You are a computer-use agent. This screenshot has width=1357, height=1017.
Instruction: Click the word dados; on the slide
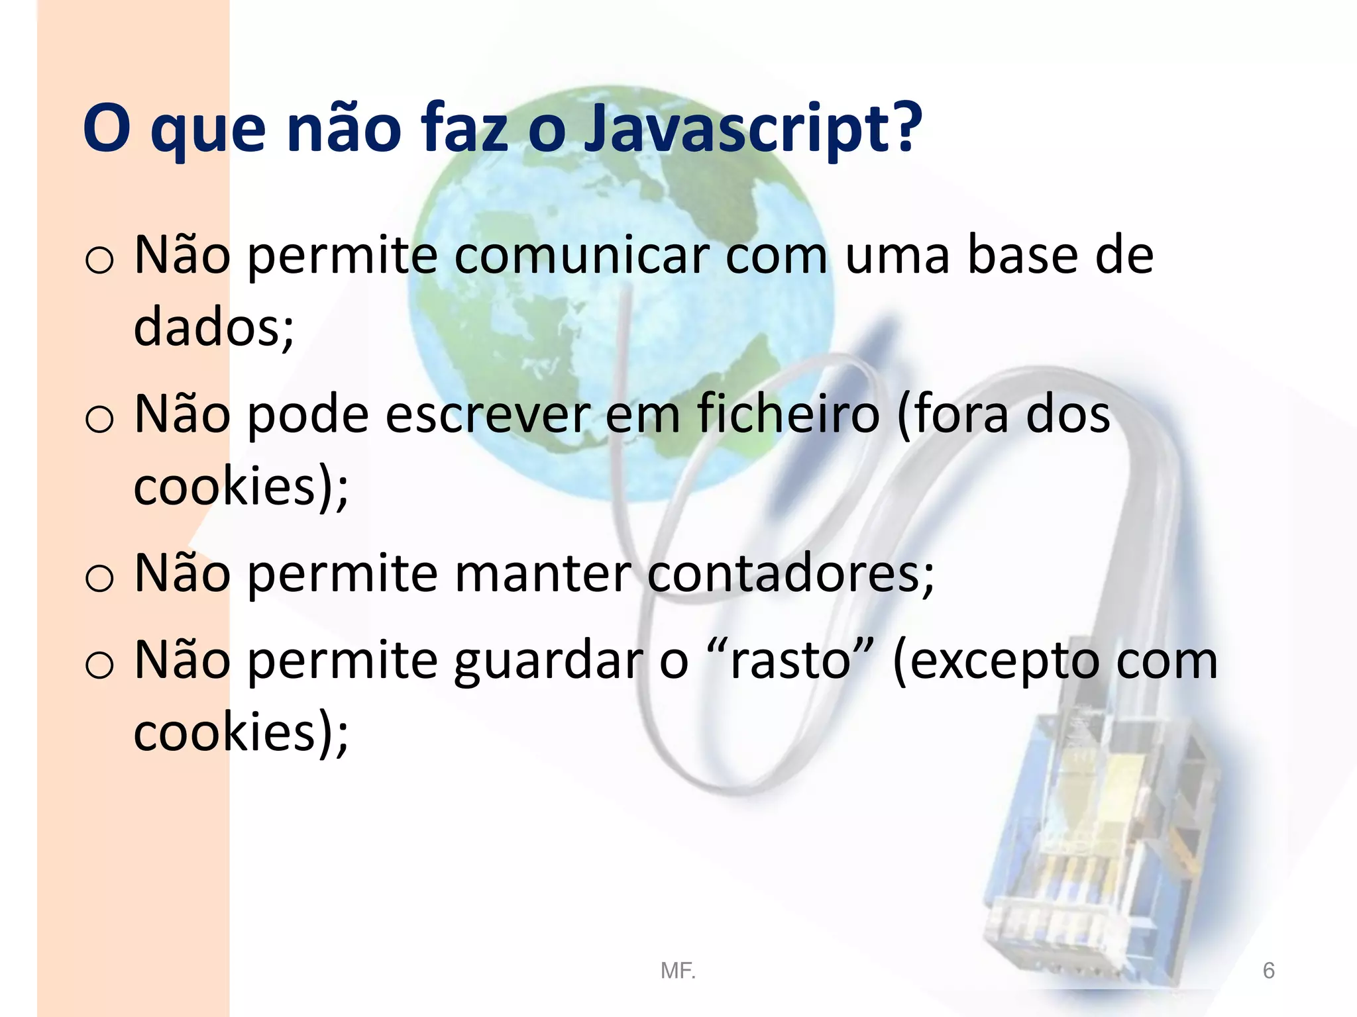(x=213, y=326)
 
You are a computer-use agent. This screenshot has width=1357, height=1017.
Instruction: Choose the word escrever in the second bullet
(x=488, y=414)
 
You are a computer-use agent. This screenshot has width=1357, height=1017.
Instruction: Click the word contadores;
(x=790, y=573)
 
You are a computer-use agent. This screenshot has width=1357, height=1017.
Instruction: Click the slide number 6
(x=1268, y=971)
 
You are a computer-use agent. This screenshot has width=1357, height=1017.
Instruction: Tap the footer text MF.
(x=678, y=971)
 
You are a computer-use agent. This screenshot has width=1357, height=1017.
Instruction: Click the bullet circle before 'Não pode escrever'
(x=99, y=419)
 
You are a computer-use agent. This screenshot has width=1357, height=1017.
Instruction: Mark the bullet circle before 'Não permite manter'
(x=99, y=578)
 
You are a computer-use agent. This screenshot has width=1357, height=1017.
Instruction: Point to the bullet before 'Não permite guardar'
(x=99, y=665)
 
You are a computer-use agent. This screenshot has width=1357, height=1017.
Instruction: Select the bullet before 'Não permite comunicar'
(x=99, y=260)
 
